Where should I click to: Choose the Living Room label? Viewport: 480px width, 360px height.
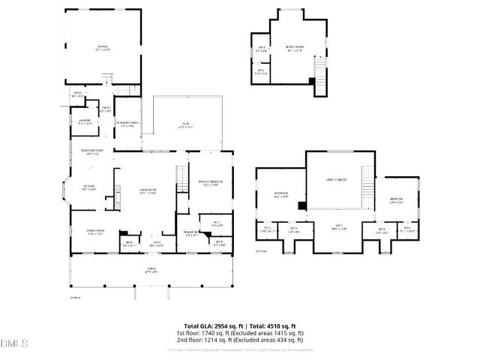click(x=146, y=190)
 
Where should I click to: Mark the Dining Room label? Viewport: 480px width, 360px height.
click(x=94, y=232)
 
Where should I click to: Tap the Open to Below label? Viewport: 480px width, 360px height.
click(x=335, y=180)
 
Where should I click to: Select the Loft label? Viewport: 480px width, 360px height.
click(x=338, y=227)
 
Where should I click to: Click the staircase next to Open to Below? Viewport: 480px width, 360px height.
click(x=367, y=182)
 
